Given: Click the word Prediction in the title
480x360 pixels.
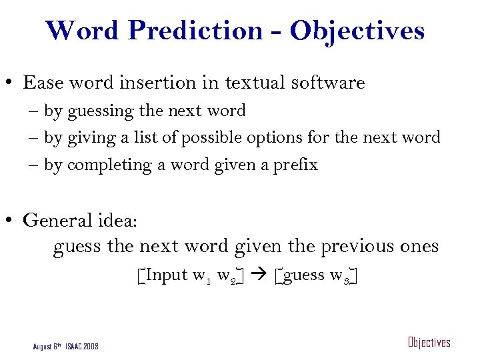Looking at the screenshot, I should click(x=203, y=31).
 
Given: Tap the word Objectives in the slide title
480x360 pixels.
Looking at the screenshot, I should click(x=357, y=31).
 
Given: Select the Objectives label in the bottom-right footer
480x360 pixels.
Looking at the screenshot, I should click(x=429, y=343).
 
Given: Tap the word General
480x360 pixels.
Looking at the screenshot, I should click(x=56, y=220).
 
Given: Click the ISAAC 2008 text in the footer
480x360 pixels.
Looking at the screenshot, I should click(x=81, y=347).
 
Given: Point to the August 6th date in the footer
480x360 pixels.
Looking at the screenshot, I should click(x=48, y=347).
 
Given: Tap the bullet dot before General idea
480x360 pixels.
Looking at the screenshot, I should click(x=11, y=220).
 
